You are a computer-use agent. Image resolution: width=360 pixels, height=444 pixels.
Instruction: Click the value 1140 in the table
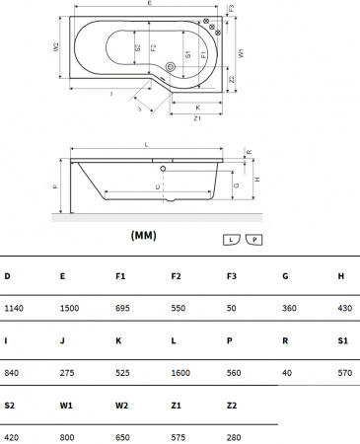[x=15, y=309]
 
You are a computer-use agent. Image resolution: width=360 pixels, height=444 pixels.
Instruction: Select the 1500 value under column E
[x=70, y=309]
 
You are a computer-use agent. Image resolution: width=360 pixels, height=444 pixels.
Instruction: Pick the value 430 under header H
[x=344, y=309]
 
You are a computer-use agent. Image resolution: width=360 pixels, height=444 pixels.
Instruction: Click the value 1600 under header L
[x=181, y=372]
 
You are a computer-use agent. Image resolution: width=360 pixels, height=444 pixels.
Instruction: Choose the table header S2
[x=10, y=404]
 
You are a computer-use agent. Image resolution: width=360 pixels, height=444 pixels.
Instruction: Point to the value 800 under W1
[x=67, y=435]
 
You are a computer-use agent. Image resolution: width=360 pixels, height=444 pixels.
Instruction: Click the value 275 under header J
[x=67, y=372]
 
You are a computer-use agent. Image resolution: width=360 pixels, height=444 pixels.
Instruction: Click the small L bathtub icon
[x=231, y=240]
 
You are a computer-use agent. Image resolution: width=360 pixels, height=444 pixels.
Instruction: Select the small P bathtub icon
[x=253, y=240]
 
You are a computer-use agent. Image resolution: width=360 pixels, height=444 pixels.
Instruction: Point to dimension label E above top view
[x=148, y=5]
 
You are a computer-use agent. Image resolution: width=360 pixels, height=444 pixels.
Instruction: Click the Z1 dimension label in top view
[x=197, y=118]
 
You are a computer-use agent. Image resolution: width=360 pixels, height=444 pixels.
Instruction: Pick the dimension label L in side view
[x=146, y=145]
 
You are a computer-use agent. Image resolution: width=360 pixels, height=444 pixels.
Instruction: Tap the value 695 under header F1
[x=123, y=309]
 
